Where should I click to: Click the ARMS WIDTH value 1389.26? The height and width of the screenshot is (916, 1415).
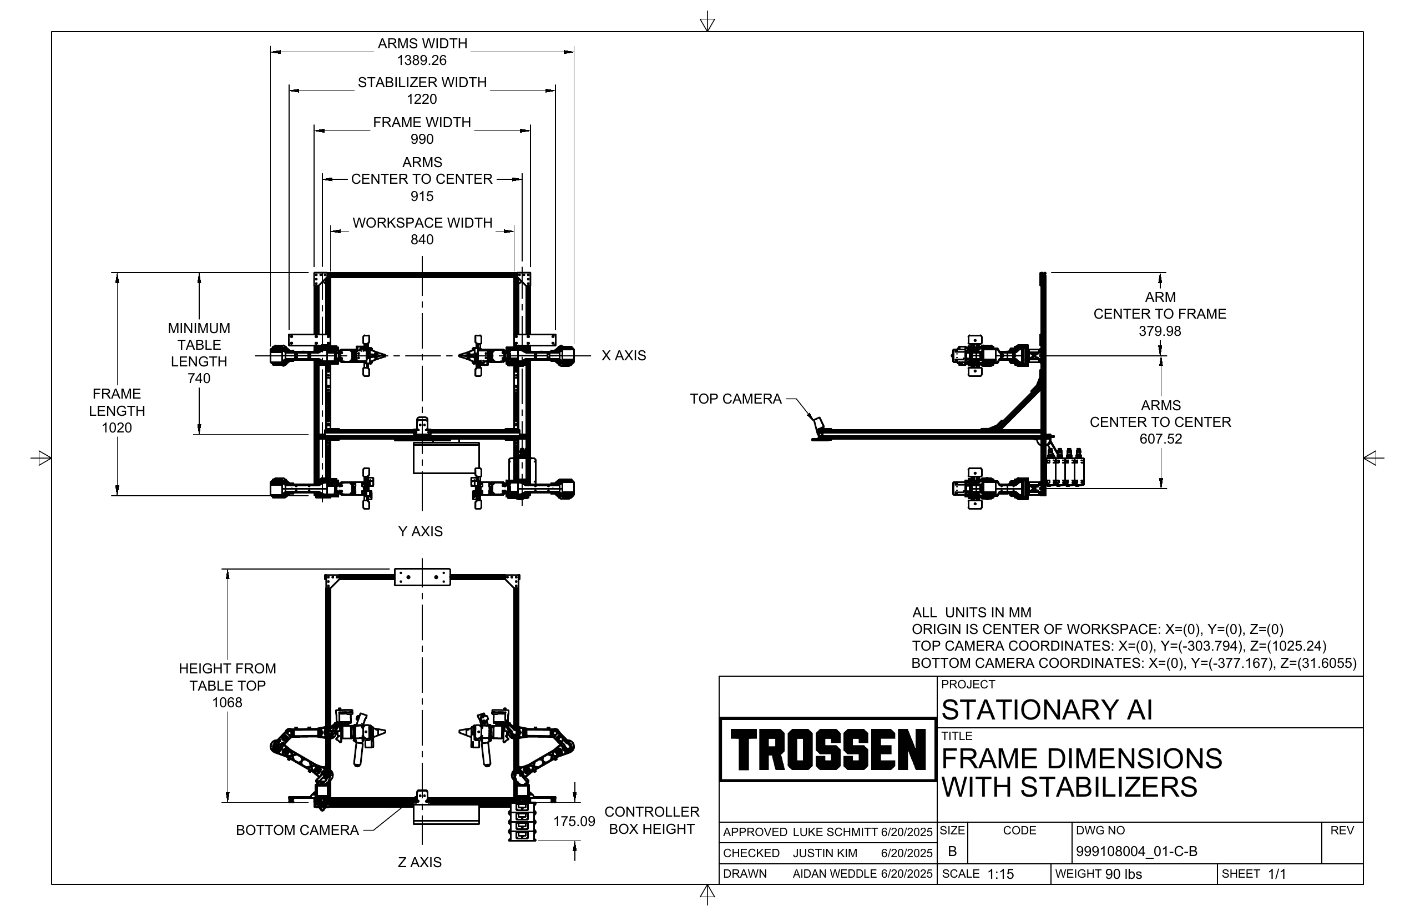422,60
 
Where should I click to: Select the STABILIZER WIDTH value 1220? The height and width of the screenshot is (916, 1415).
422,99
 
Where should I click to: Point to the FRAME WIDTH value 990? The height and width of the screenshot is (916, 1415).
422,139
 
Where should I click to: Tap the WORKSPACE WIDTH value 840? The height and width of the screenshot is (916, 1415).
422,239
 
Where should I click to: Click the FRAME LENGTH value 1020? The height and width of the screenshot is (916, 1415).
117,427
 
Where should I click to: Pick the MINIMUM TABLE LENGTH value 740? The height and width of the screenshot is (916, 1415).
199,378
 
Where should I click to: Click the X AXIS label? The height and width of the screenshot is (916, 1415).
624,355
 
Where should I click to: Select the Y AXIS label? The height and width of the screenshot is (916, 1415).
421,531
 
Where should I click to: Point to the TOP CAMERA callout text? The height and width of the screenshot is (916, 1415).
735,399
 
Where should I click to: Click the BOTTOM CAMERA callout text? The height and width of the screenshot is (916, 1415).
297,830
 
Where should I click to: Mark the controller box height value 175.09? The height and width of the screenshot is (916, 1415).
574,821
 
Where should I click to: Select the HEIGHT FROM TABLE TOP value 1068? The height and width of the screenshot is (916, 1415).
227,702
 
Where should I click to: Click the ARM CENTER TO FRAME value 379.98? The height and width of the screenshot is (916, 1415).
1160,331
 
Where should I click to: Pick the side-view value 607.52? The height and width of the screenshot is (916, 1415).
1160,439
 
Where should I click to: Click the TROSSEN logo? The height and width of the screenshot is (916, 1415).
827,749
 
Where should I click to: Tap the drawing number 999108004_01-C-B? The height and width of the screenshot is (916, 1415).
1136,851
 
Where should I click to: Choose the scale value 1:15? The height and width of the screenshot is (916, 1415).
1000,874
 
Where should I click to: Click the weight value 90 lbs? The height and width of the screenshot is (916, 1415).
1123,874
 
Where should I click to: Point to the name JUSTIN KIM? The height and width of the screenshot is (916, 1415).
825,853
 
